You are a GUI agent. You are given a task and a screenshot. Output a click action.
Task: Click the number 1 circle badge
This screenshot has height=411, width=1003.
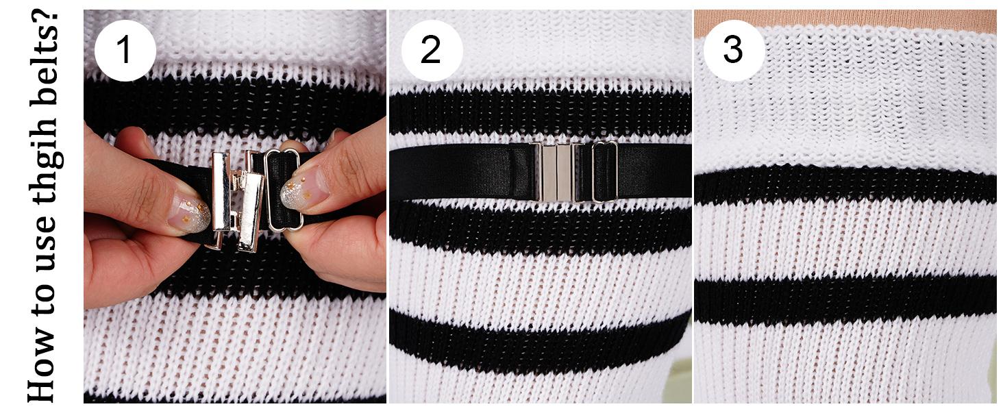tap(125, 51)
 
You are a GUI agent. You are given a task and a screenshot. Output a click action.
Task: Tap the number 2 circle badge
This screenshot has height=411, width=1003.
tap(431, 51)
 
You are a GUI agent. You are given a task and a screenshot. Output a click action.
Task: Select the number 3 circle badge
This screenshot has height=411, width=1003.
tap(733, 51)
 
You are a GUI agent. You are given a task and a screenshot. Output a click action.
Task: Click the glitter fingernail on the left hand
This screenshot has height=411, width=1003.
tap(189, 214)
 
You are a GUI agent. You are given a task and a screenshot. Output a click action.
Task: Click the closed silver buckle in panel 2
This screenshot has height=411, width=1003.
tap(556, 172)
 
